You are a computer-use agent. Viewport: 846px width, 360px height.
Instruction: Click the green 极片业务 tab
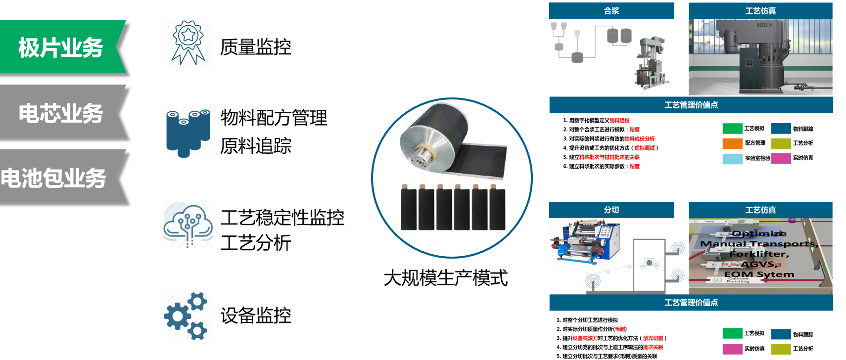pos(60,47)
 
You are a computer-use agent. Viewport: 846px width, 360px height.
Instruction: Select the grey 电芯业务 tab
pos(60,113)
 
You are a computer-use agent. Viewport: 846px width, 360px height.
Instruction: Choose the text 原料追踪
pos(256,146)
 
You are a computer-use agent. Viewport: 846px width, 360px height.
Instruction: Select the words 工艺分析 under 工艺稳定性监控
pos(256,243)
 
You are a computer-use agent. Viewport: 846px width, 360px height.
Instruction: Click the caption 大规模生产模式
pos(445,278)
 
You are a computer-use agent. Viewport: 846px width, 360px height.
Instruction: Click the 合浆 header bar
pos(611,11)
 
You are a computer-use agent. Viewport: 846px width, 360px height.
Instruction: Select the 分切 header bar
pos(611,210)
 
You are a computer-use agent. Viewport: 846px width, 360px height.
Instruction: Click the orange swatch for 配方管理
pos(732,143)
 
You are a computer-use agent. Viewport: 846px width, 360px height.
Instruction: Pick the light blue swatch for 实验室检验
pos(732,159)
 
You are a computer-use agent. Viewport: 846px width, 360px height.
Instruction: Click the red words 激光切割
pos(653,338)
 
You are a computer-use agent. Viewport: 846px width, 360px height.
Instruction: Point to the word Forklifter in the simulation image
pos(759,254)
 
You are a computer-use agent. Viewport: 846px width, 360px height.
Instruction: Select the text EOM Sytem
pos(759,274)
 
